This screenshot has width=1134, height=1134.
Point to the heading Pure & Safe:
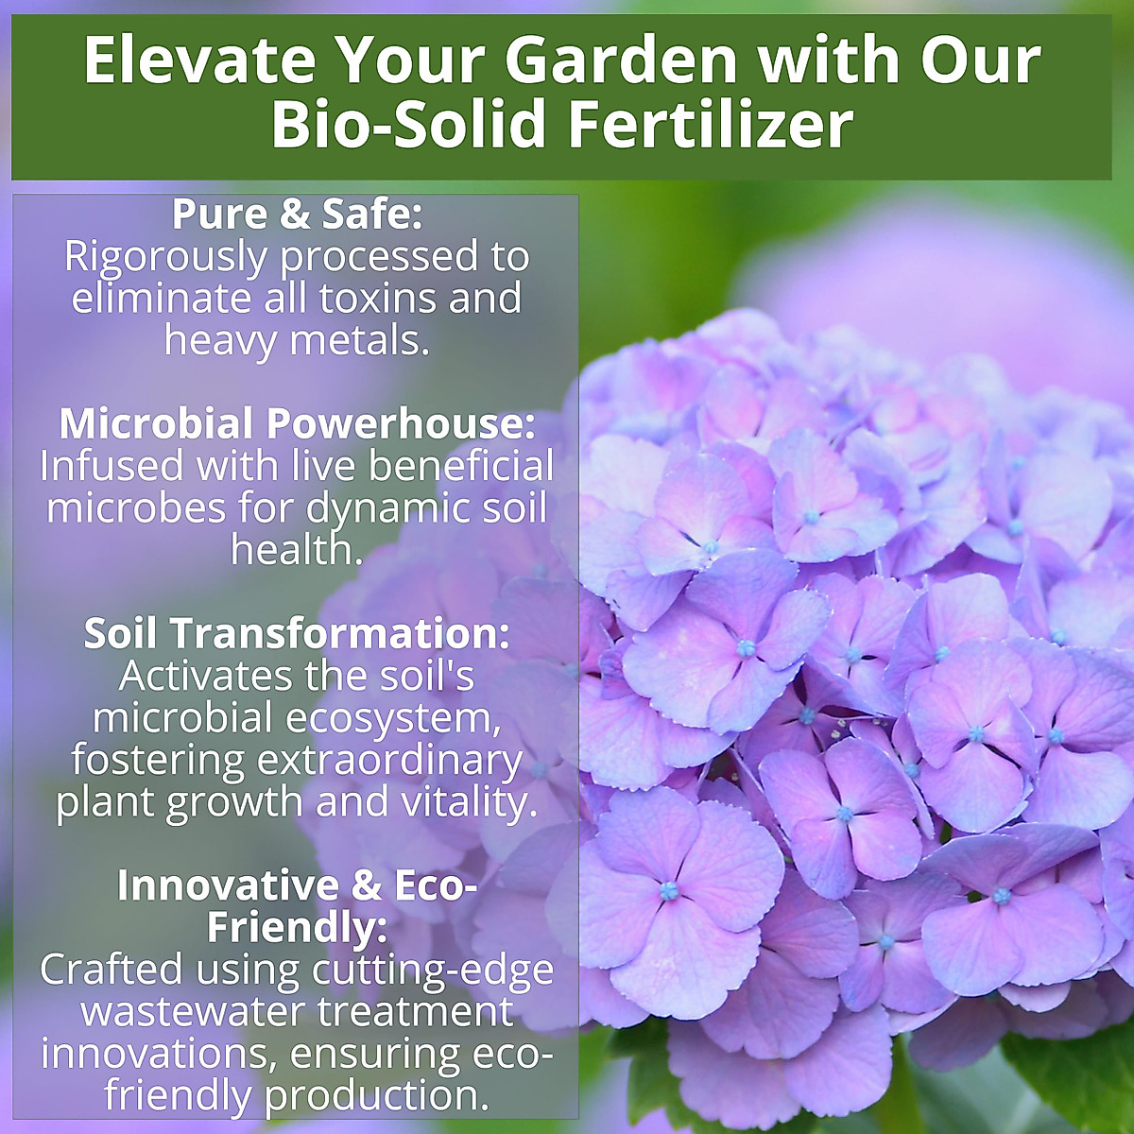297,215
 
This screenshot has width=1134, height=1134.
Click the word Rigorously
165,256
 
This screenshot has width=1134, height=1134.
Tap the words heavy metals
297,340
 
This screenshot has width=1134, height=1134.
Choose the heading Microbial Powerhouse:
297,423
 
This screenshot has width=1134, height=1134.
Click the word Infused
112,466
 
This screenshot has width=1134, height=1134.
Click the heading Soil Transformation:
297,633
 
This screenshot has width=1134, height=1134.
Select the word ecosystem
392,718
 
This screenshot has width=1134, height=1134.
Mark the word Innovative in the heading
226,885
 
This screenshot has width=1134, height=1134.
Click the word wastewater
193,1012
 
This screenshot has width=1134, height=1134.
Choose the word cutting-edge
433,971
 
